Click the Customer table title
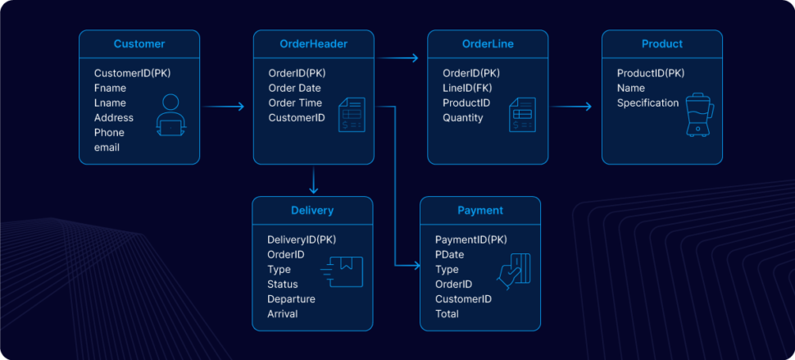coord(139,44)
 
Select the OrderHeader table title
coord(313,44)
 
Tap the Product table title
coord(661,44)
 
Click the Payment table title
coord(480,211)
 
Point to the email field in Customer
coord(107,148)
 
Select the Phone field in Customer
coord(109,133)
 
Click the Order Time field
coord(295,103)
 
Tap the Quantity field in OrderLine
coord(463,118)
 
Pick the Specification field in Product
coord(647,103)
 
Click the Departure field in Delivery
coord(291,299)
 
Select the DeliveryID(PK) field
coord(302,240)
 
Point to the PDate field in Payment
coord(450,255)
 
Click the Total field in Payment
coord(447,314)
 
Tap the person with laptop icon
coord(170,116)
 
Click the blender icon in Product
coord(697,116)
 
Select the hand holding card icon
coord(515,271)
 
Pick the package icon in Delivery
coord(343,271)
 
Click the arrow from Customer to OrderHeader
coord(223,107)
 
